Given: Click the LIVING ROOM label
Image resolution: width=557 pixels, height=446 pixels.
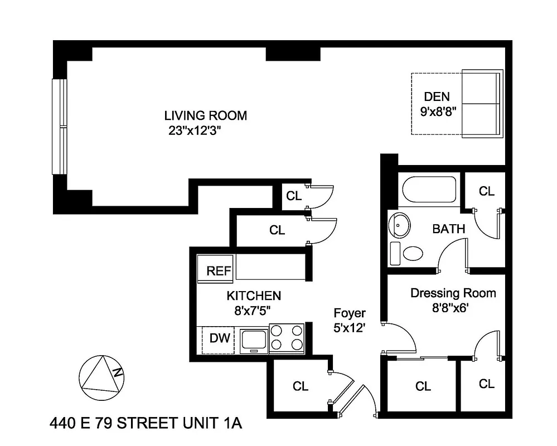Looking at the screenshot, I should (205, 116).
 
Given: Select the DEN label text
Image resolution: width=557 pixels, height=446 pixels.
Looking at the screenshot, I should (436, 96).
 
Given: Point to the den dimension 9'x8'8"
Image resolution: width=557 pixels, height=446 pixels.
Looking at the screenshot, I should (438, 110).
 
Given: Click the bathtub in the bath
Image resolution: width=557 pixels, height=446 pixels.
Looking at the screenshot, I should (429, 190).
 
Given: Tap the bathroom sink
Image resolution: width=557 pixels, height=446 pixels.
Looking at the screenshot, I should (400, 225).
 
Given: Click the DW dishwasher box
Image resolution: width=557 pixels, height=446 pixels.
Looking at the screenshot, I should (219, 338).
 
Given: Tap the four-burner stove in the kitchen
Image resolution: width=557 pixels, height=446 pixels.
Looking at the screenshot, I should (287, 338).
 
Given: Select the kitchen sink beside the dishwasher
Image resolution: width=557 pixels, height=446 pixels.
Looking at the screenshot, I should (254, 340).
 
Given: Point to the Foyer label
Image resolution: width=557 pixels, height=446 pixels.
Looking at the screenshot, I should (350, 313).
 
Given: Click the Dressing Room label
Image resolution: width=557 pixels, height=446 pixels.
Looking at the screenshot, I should (453, 293).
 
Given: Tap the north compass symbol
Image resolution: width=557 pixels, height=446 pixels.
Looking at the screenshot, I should (101, 377).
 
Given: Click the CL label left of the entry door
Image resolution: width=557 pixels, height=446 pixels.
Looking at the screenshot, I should (300, 386).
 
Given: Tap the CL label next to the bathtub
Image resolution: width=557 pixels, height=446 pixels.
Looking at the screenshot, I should (486, 191).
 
